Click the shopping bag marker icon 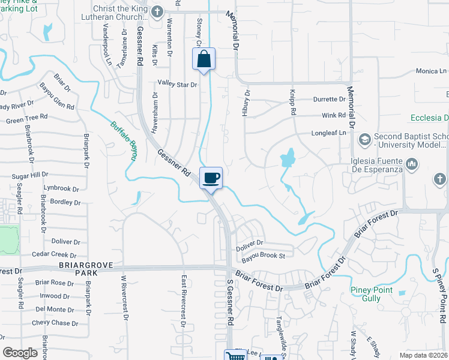[203, 59]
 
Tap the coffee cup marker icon [211, 178]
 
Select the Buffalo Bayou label [124, 142]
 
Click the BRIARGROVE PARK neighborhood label [78, 268]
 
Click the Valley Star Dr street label [177, 85]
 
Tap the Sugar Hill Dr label [30, 175]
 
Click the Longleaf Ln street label [329, 133]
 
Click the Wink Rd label [334, 115]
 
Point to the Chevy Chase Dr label [52, 323]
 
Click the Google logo [20, 353]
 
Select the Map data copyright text [424, 355]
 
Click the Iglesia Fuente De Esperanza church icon [412, 164]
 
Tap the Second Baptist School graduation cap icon [364, 140]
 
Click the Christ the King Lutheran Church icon [157, 12]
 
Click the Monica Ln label [427, 71]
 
